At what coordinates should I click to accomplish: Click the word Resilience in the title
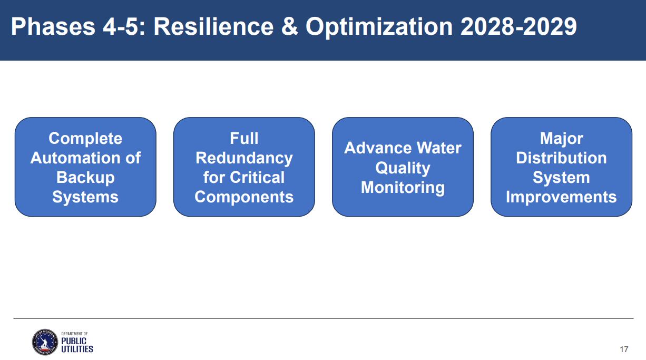click(x=213, y=26)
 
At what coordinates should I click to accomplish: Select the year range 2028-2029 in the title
click(x=518, y=26)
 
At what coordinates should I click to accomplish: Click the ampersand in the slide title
click(x=290, y=26)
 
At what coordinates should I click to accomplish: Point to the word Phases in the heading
click(x=53, y=26)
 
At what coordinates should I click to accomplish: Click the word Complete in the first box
click(x=85, y=138)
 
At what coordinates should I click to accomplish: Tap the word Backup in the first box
click(x=85, y=177)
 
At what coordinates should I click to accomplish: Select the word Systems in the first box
click(x=85, y=197)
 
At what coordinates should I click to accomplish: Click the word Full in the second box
click(x=244, y=138)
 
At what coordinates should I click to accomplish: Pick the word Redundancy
click(x=244, y=158)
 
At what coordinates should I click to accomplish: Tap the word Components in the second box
click(x=244, y=197)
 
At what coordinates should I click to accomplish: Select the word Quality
click(x=403, y=168)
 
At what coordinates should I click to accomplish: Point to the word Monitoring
click(x=403, y=188)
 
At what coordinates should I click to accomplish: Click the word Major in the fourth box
click(x=561, y=139)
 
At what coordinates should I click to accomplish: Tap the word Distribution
click(x=561, y=158)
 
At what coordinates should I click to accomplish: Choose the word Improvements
click(x=561, y=197)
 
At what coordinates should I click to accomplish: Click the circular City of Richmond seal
click(x=45, y=342)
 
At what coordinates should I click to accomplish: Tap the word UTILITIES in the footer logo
click(x=77, y=349)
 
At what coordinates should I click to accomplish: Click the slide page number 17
click(x=624, y=349)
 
